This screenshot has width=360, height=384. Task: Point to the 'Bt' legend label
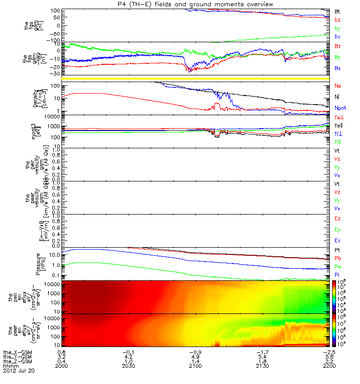[337, 11]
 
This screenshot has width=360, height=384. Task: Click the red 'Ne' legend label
[338, 86]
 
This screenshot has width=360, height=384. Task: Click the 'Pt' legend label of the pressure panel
[337, 251]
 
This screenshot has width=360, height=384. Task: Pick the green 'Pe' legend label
[338, 266]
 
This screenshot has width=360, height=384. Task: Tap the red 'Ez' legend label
[338, 218]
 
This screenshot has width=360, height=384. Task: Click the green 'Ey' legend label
[338, 229]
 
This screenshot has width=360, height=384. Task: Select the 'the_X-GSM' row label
[16, 352]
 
